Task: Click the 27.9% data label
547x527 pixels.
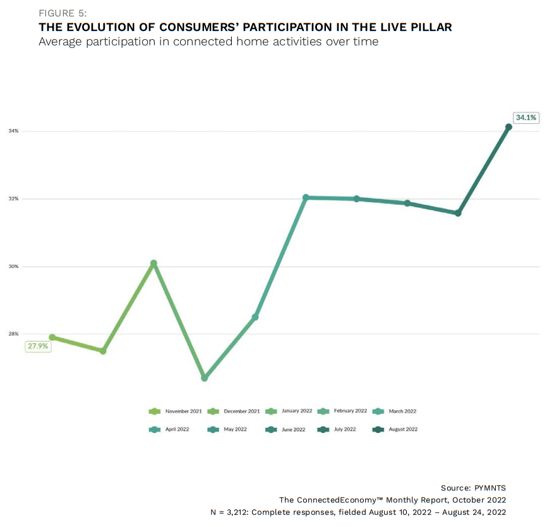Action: (x=37, y=346)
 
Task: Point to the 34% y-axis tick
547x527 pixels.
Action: (x=14, y=131)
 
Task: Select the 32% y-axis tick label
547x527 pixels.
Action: (x=14, y=198)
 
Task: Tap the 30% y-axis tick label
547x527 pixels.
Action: (x=14, y=266)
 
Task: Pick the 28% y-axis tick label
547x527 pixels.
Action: (x=14, y=334)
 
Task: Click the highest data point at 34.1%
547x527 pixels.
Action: (x=508, y=127)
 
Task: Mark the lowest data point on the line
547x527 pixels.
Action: (x=204, y=378)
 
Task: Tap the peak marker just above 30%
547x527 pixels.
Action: (x=153, y=263)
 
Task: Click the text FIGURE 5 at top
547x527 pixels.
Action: (x=63, y=13)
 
